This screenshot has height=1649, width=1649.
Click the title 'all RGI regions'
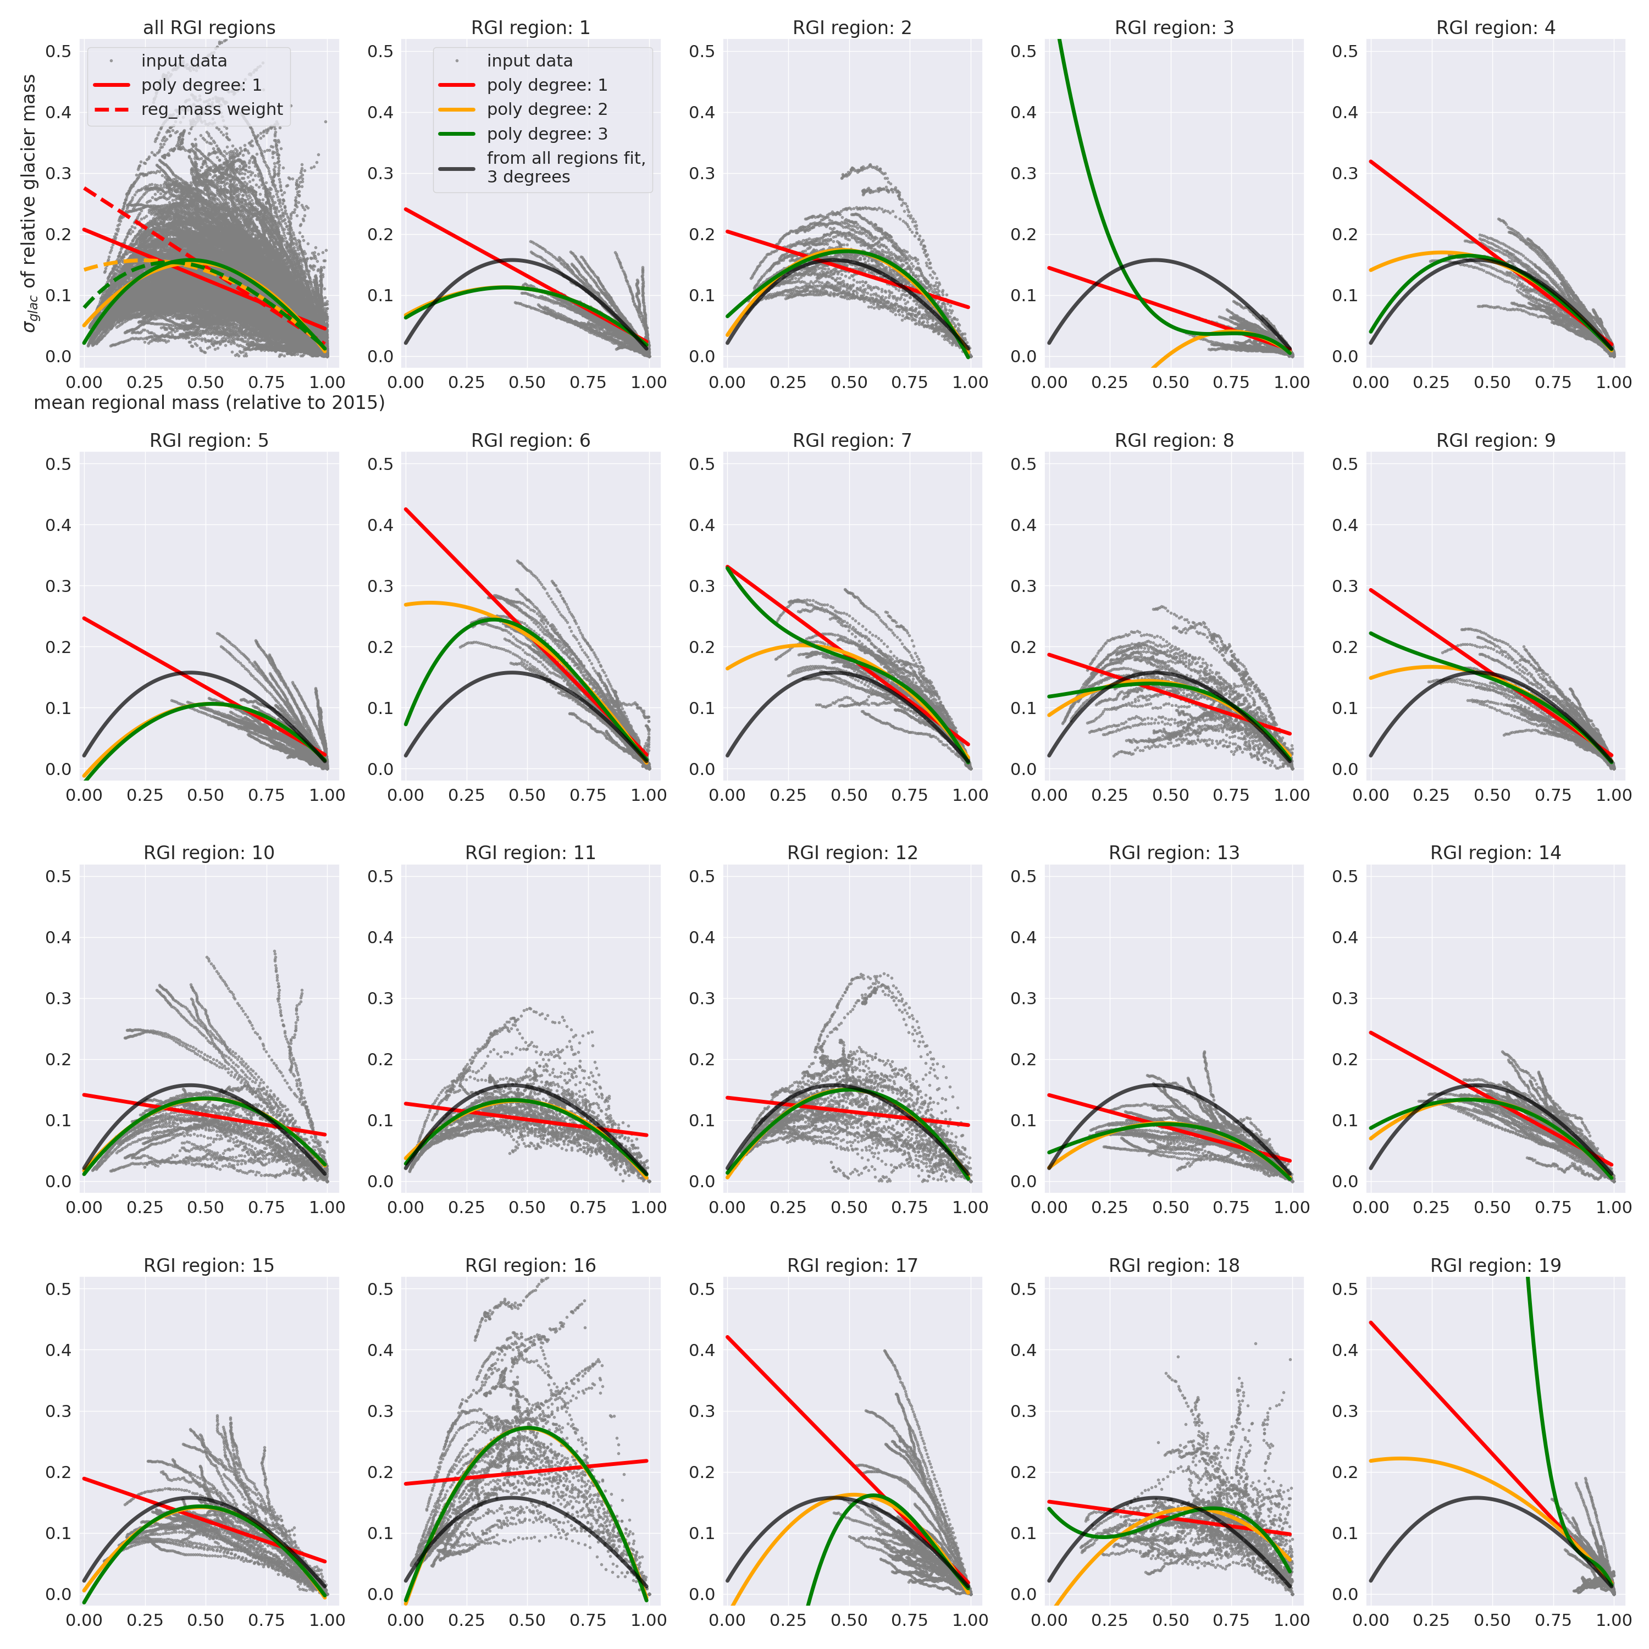[x=209, y=28]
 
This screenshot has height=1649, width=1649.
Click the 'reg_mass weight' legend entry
[x=212, y=109]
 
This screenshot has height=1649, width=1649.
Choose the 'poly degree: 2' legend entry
[x=546, y=109]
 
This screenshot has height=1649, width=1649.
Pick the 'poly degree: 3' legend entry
[x=546, y=134]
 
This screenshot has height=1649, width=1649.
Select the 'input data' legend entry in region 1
[x=529, y=60]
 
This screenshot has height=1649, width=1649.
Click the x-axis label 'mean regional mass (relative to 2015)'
[x=209, y=402]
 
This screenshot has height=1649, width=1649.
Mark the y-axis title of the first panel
[x=30, y=203]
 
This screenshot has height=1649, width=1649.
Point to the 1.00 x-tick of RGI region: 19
[x=1614, y=1620]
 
